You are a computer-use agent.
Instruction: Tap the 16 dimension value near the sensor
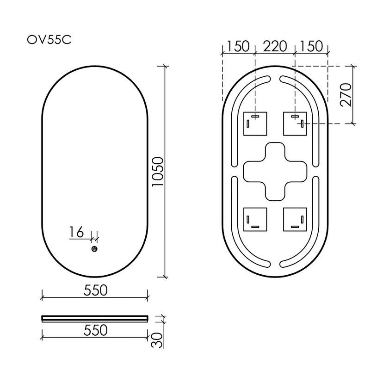pyautogui.click(x=77, y=232)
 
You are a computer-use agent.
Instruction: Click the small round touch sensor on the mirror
pyautogui.click(x=94, y=249)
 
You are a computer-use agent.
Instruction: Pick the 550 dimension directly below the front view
pyautogui.click(x=95, y=290)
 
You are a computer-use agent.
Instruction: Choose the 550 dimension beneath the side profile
pyautogui.click(x=95, y=330)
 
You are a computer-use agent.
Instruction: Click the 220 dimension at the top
pyautogui.click(x=275, y=46)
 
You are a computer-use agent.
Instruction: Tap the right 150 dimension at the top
pyautogui.click(x=311, y=46)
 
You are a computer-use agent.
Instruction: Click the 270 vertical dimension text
pyautogui.click(x=346, y=95)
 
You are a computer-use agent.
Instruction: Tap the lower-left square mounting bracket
pyautogui.click(x=255, y=219)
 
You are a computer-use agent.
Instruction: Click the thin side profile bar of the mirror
pyautogui.click(x=95, y=318)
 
